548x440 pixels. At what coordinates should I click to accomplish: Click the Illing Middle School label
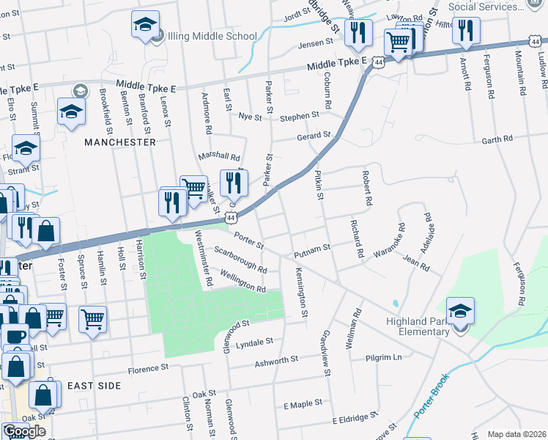coord(212,36)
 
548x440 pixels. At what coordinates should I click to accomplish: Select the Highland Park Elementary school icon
coord(460,311)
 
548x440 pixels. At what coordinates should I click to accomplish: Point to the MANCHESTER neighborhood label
coord(120,142)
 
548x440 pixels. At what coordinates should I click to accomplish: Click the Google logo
coord(24,431)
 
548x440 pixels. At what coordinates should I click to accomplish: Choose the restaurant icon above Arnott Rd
coord(465,31)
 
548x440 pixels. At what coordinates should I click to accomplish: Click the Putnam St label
coord(313,252)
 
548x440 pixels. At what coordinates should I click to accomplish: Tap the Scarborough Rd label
coord(240,259)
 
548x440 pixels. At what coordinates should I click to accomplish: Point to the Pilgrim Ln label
coord(388,357)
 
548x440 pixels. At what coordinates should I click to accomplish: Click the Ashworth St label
coord(276,360)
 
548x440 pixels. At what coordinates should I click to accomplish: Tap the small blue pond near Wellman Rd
coord(396,303)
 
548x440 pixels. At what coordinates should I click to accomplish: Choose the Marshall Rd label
coord(219,157)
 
